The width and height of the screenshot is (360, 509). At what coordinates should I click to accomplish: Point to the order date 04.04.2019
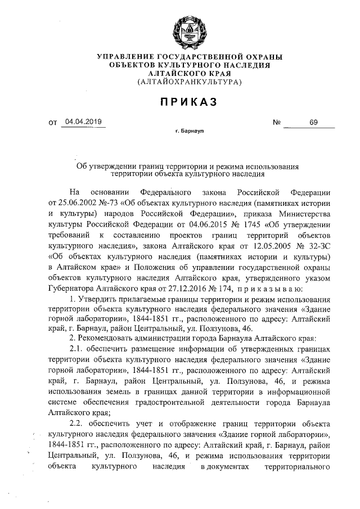click(x=83, y=121)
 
